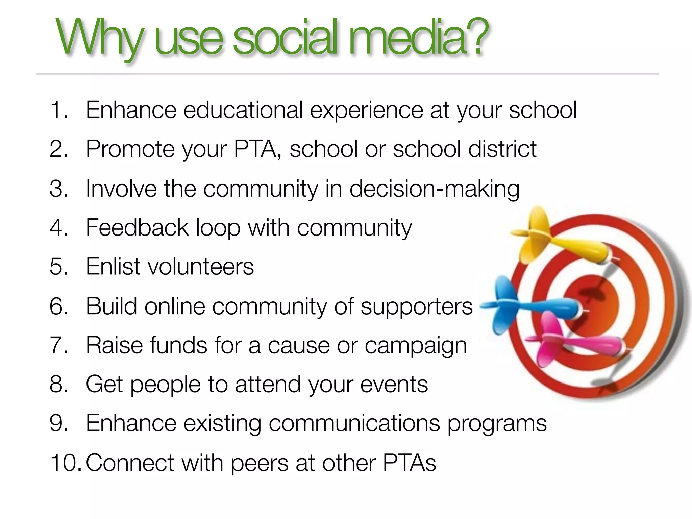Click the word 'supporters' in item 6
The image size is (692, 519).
click(416, 307)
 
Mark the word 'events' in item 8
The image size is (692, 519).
click(394, 385)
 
